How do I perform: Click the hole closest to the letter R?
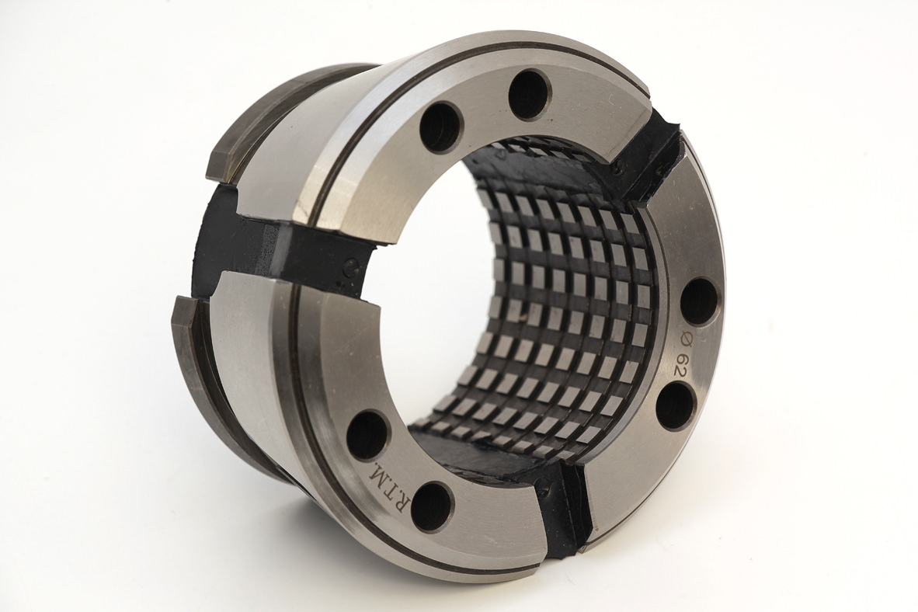point(435,502)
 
